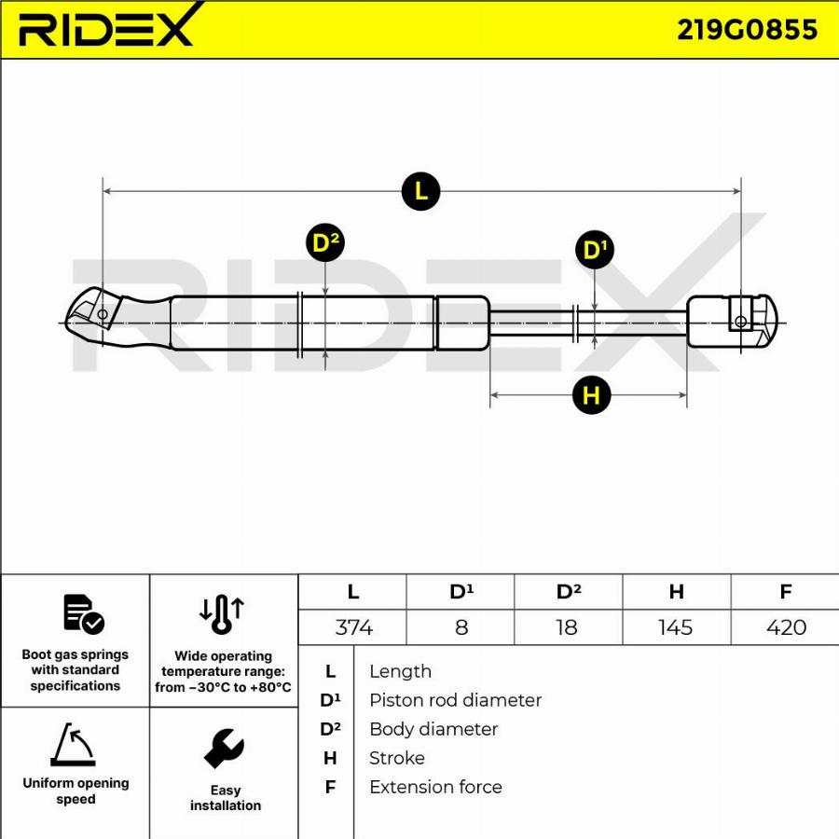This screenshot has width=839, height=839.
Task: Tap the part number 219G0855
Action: pos(747,30)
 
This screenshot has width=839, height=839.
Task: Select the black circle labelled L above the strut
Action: pos(420,191)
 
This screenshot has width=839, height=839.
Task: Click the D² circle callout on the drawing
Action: pos(325,243)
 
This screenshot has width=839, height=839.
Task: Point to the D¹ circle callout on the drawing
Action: pos(595,250)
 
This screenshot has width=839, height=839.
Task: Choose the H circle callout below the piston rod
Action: pos(591,395)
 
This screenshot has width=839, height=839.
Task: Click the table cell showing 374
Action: pos(353,627)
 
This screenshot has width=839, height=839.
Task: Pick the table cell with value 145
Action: pos(675,627)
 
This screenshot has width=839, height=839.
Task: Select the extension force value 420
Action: pos(785,627)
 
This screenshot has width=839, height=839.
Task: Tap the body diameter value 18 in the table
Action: pos(567,627)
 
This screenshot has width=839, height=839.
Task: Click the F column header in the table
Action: pos(785,592)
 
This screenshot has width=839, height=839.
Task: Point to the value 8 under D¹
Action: pos(461,627)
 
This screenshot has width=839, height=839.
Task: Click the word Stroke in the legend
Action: pos(397,758)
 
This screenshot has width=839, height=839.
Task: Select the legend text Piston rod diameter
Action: pos(455,700)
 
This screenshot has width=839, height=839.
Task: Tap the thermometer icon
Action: pos(222,615)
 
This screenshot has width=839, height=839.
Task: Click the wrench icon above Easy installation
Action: pos(224,748)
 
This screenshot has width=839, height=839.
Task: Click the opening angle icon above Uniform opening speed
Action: pos(73,745)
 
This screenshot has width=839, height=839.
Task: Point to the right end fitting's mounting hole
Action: pos(741,322)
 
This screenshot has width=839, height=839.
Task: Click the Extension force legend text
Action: pos(435,787)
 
